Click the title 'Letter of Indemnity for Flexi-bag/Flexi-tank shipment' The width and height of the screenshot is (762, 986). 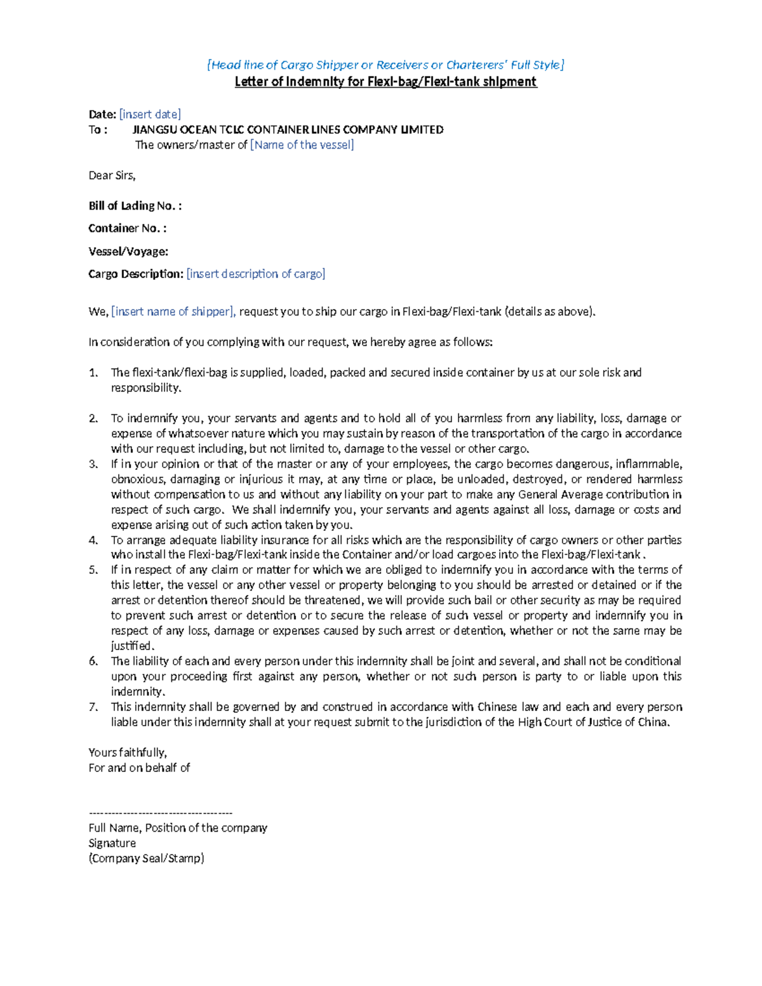coord(385,82)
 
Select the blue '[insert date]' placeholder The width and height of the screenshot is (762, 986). coord(150,114)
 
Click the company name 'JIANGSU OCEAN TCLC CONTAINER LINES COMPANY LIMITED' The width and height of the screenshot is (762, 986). coord(288,130)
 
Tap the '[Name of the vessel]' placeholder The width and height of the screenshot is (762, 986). coord(302,145)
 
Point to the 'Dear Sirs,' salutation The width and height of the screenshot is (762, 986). coord(112,175)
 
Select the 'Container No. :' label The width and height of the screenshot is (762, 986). coord(127,228)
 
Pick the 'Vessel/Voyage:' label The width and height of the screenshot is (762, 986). coord(128,251)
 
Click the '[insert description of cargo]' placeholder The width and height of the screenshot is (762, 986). coord(256,274)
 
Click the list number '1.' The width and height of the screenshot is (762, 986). coord(93,373)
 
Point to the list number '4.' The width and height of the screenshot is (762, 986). coord(93,540)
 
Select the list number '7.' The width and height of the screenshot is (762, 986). coord(93,707)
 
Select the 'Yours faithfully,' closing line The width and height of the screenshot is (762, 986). coord(128,752)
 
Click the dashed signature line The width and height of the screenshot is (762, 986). coord(161,813)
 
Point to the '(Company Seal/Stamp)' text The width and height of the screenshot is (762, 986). coord(146,858)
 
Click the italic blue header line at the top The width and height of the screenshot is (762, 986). coord(385,65)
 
